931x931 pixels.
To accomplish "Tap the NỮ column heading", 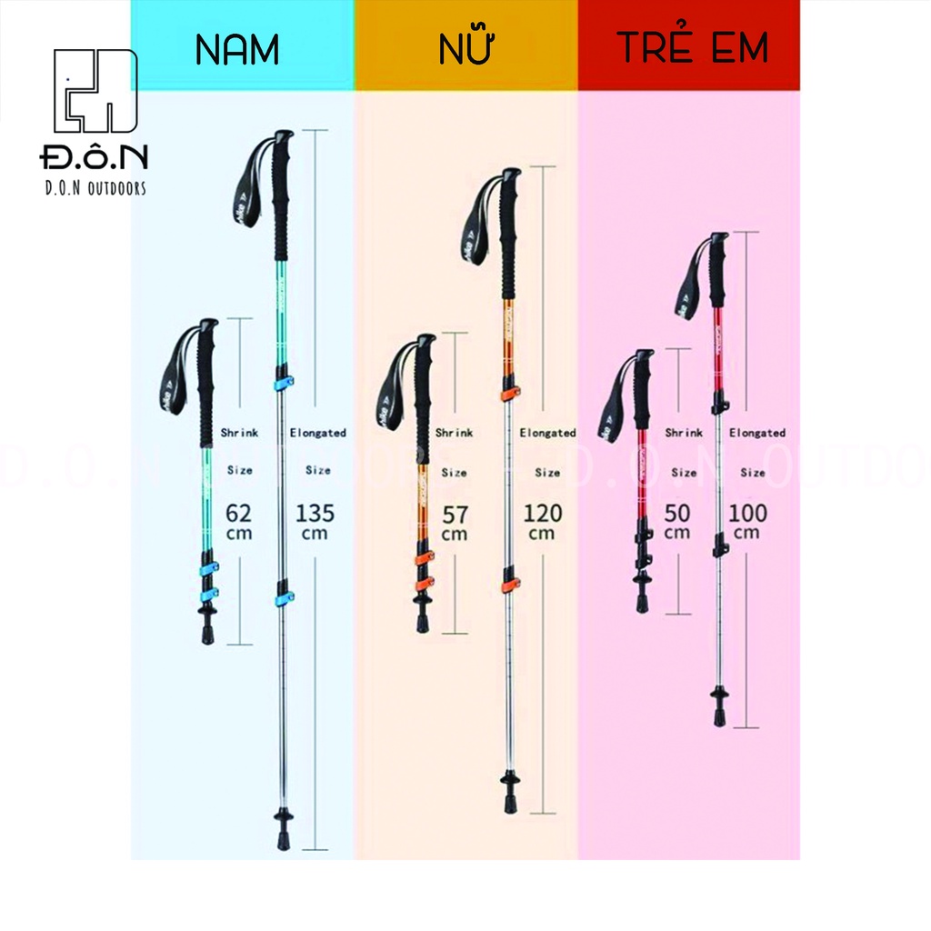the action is pos(465,49).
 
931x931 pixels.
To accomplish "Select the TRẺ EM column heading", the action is pos(693,47).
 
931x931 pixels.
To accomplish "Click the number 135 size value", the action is pos(315,513).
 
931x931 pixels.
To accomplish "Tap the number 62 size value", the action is pos(239,513).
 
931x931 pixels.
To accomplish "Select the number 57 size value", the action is pos(455,515).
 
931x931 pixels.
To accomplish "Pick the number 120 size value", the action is pos(542,513).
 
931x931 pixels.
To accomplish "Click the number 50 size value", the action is pos(677,513).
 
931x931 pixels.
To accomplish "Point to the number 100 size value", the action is pos(747,513).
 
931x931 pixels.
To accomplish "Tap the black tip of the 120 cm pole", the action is pos(510,800).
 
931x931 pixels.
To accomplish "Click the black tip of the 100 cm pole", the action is pos(719,714).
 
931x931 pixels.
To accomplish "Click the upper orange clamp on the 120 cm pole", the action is pos(509,394).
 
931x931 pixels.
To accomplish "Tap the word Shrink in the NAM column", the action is pos(239,433).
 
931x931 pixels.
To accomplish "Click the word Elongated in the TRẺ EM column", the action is pos(756,433).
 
